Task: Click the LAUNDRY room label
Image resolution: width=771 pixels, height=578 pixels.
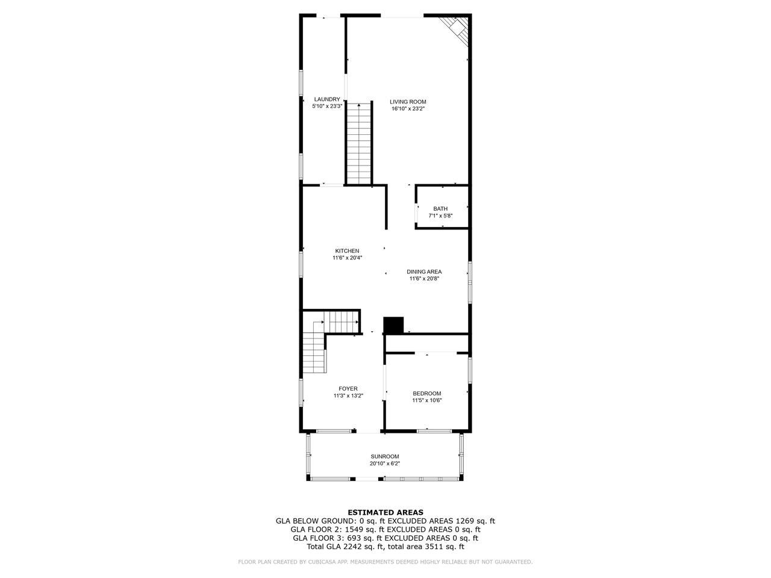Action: (x=327, y=99)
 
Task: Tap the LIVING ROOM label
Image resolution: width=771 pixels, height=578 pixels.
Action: (x=408, y=102)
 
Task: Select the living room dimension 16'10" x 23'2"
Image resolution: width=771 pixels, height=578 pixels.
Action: (x=408, y=109)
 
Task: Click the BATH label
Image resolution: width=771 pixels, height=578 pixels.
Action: (x=440, y=209)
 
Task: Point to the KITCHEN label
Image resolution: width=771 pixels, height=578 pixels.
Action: (x=347, y=250)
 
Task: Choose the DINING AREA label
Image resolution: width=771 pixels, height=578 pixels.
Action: (x=424, y=272)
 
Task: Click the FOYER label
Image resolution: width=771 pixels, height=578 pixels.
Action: (x=348, y=389)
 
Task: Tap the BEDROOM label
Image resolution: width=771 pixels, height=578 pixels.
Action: (x=427, y=394)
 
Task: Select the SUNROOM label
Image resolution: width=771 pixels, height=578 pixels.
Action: (x=385, y=456)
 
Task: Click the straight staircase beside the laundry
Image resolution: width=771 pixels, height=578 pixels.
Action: (x=360, y=143)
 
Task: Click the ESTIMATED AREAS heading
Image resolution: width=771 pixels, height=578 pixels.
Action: (x=385, y=512)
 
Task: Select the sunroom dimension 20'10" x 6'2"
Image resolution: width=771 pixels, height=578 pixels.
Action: (x=385, y=464)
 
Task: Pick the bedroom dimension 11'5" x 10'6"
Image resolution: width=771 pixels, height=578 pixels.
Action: (x=427, y=400)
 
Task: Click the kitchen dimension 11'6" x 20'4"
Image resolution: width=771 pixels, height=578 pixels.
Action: (x=347, y=258)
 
